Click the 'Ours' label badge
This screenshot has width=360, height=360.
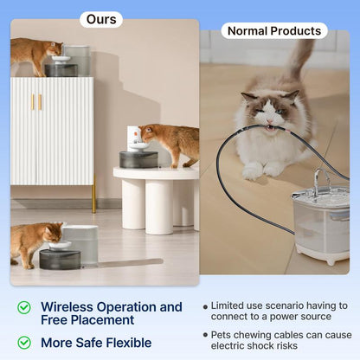(x=101, y=19)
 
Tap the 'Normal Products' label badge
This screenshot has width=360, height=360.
(x=273, y=31)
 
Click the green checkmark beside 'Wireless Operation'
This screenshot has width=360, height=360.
(x=24, y=307)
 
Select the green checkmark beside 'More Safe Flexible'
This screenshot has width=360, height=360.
(x=24, y=343)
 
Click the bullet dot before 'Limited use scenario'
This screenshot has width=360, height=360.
(x=205, y=306)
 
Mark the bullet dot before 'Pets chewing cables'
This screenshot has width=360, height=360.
(x=205, y=334)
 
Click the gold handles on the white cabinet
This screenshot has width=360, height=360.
(x=36, y=102)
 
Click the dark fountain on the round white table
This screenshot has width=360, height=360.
(x=138, y=158)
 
